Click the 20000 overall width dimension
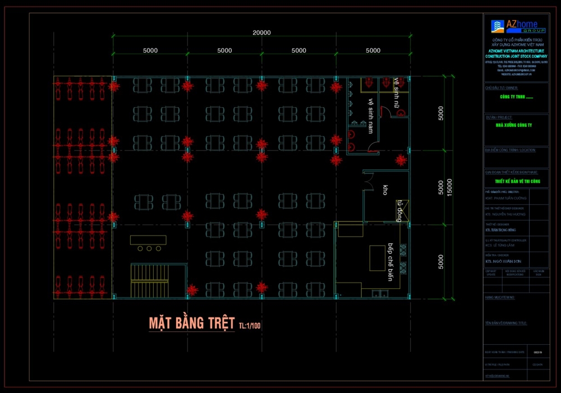coord(261,33)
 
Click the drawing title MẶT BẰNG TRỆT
coord(191,323)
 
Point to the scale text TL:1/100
coord(250,325)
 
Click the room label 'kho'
coord(385,189)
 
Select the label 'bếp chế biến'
coord(390,262)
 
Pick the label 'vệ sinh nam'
coord(370,116)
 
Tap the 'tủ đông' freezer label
coord(401,210)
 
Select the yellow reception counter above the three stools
coord(148,240)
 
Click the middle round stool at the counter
coord(149,248)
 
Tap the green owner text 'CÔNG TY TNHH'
coord(516,97)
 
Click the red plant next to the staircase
coord(192,290)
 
